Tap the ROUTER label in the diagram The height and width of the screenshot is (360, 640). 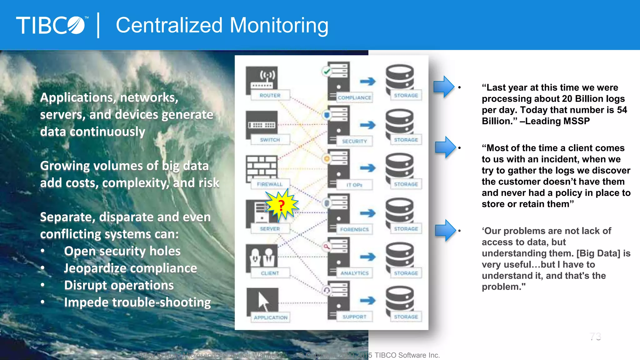point(270,95)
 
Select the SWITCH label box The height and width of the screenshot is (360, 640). point(270,140)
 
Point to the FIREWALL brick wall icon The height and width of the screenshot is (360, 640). point(262,167)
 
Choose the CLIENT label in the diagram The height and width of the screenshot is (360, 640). point(270,273)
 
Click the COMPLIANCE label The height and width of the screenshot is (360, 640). point(354,97)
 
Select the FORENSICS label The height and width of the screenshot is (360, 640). point(354,229)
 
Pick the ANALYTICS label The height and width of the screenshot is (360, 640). point(354,273)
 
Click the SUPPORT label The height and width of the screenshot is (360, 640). point(354,317)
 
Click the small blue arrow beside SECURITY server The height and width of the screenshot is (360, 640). point(367,125)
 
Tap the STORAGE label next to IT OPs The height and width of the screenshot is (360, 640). point(406,184)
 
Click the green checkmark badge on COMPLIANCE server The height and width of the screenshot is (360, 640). point(327,72)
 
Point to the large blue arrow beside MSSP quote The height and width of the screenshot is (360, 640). point(444,86)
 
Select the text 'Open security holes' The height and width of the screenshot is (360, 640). point(122,251)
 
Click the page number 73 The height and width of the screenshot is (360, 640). point(595,337)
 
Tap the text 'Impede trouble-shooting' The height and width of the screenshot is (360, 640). point(137,302)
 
